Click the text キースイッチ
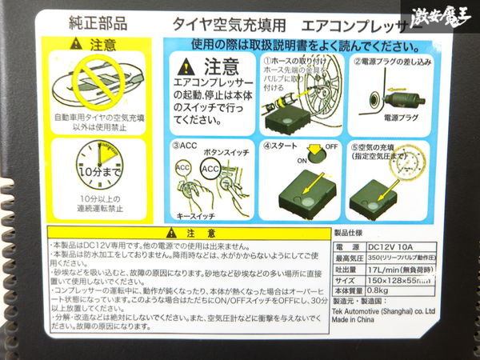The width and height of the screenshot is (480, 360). click(199, 215)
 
